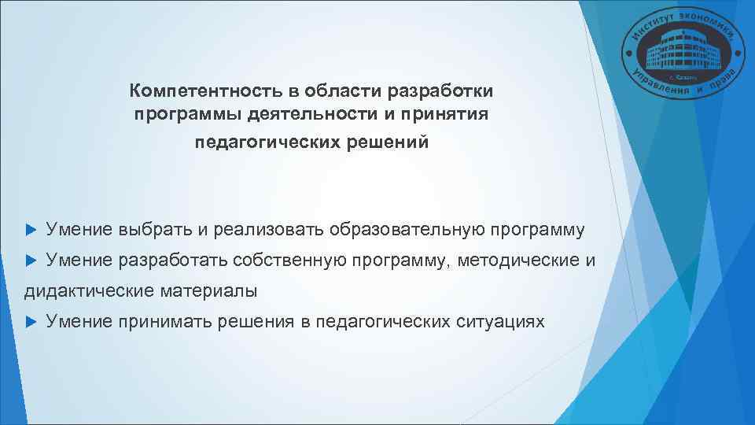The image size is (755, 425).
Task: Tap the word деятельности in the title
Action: tap(312, 116)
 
